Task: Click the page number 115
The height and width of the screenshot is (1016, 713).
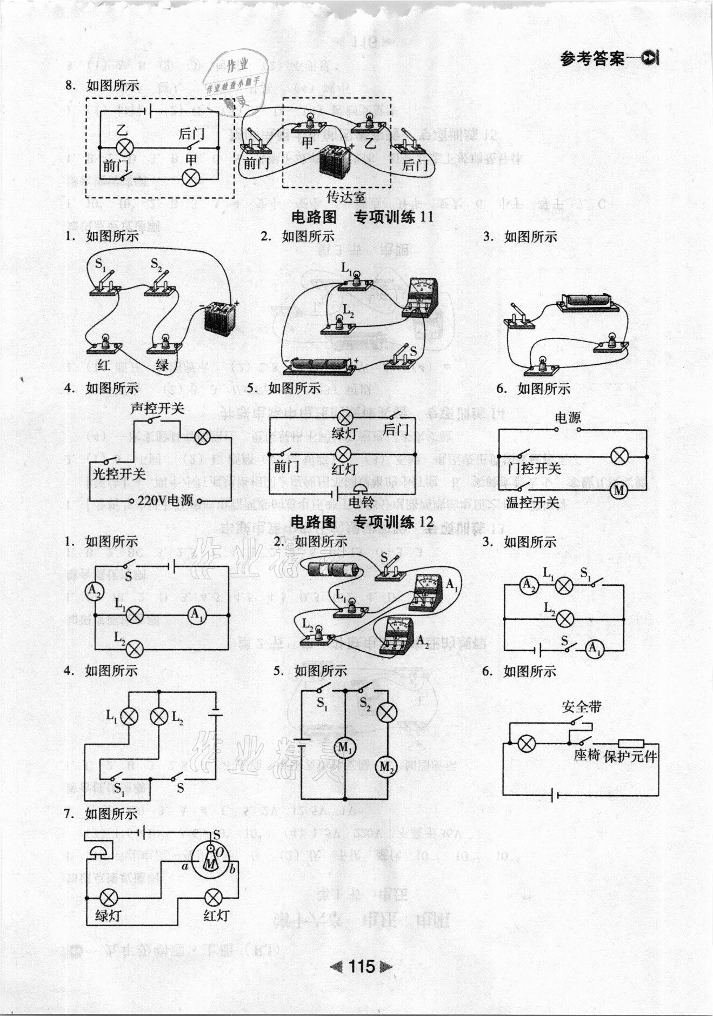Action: click(x=362, y=966)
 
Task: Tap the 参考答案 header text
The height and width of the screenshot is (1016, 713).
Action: click(x=592, y=59)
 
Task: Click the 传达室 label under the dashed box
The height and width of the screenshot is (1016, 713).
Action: click(x=346, y=196)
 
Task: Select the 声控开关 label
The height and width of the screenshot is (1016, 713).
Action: click(x=158, y=407)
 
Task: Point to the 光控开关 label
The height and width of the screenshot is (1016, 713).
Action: click(x=119, y=474)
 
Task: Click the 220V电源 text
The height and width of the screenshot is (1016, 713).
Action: click(x=165, y=500)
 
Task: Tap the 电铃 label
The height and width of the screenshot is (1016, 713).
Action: click(x=361, y=502)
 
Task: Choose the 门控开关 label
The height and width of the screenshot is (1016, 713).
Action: click(x=534, y=468)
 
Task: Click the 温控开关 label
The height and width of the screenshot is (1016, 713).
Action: click(x=532, y=502)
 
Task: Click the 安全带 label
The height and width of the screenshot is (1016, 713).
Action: click(x=581, y=706)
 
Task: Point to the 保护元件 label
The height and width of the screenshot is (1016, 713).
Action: click(x=630, y=756)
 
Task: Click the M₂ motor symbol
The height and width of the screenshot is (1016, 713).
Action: click(x=386, y=767)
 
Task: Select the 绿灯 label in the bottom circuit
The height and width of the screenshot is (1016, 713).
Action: click(x=108, y=915)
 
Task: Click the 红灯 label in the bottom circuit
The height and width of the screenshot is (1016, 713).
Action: click(x=216, y=915)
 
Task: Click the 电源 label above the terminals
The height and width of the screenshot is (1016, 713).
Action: click(x=568, y=417)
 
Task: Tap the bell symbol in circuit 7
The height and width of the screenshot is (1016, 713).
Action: click(x=98, y=854)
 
